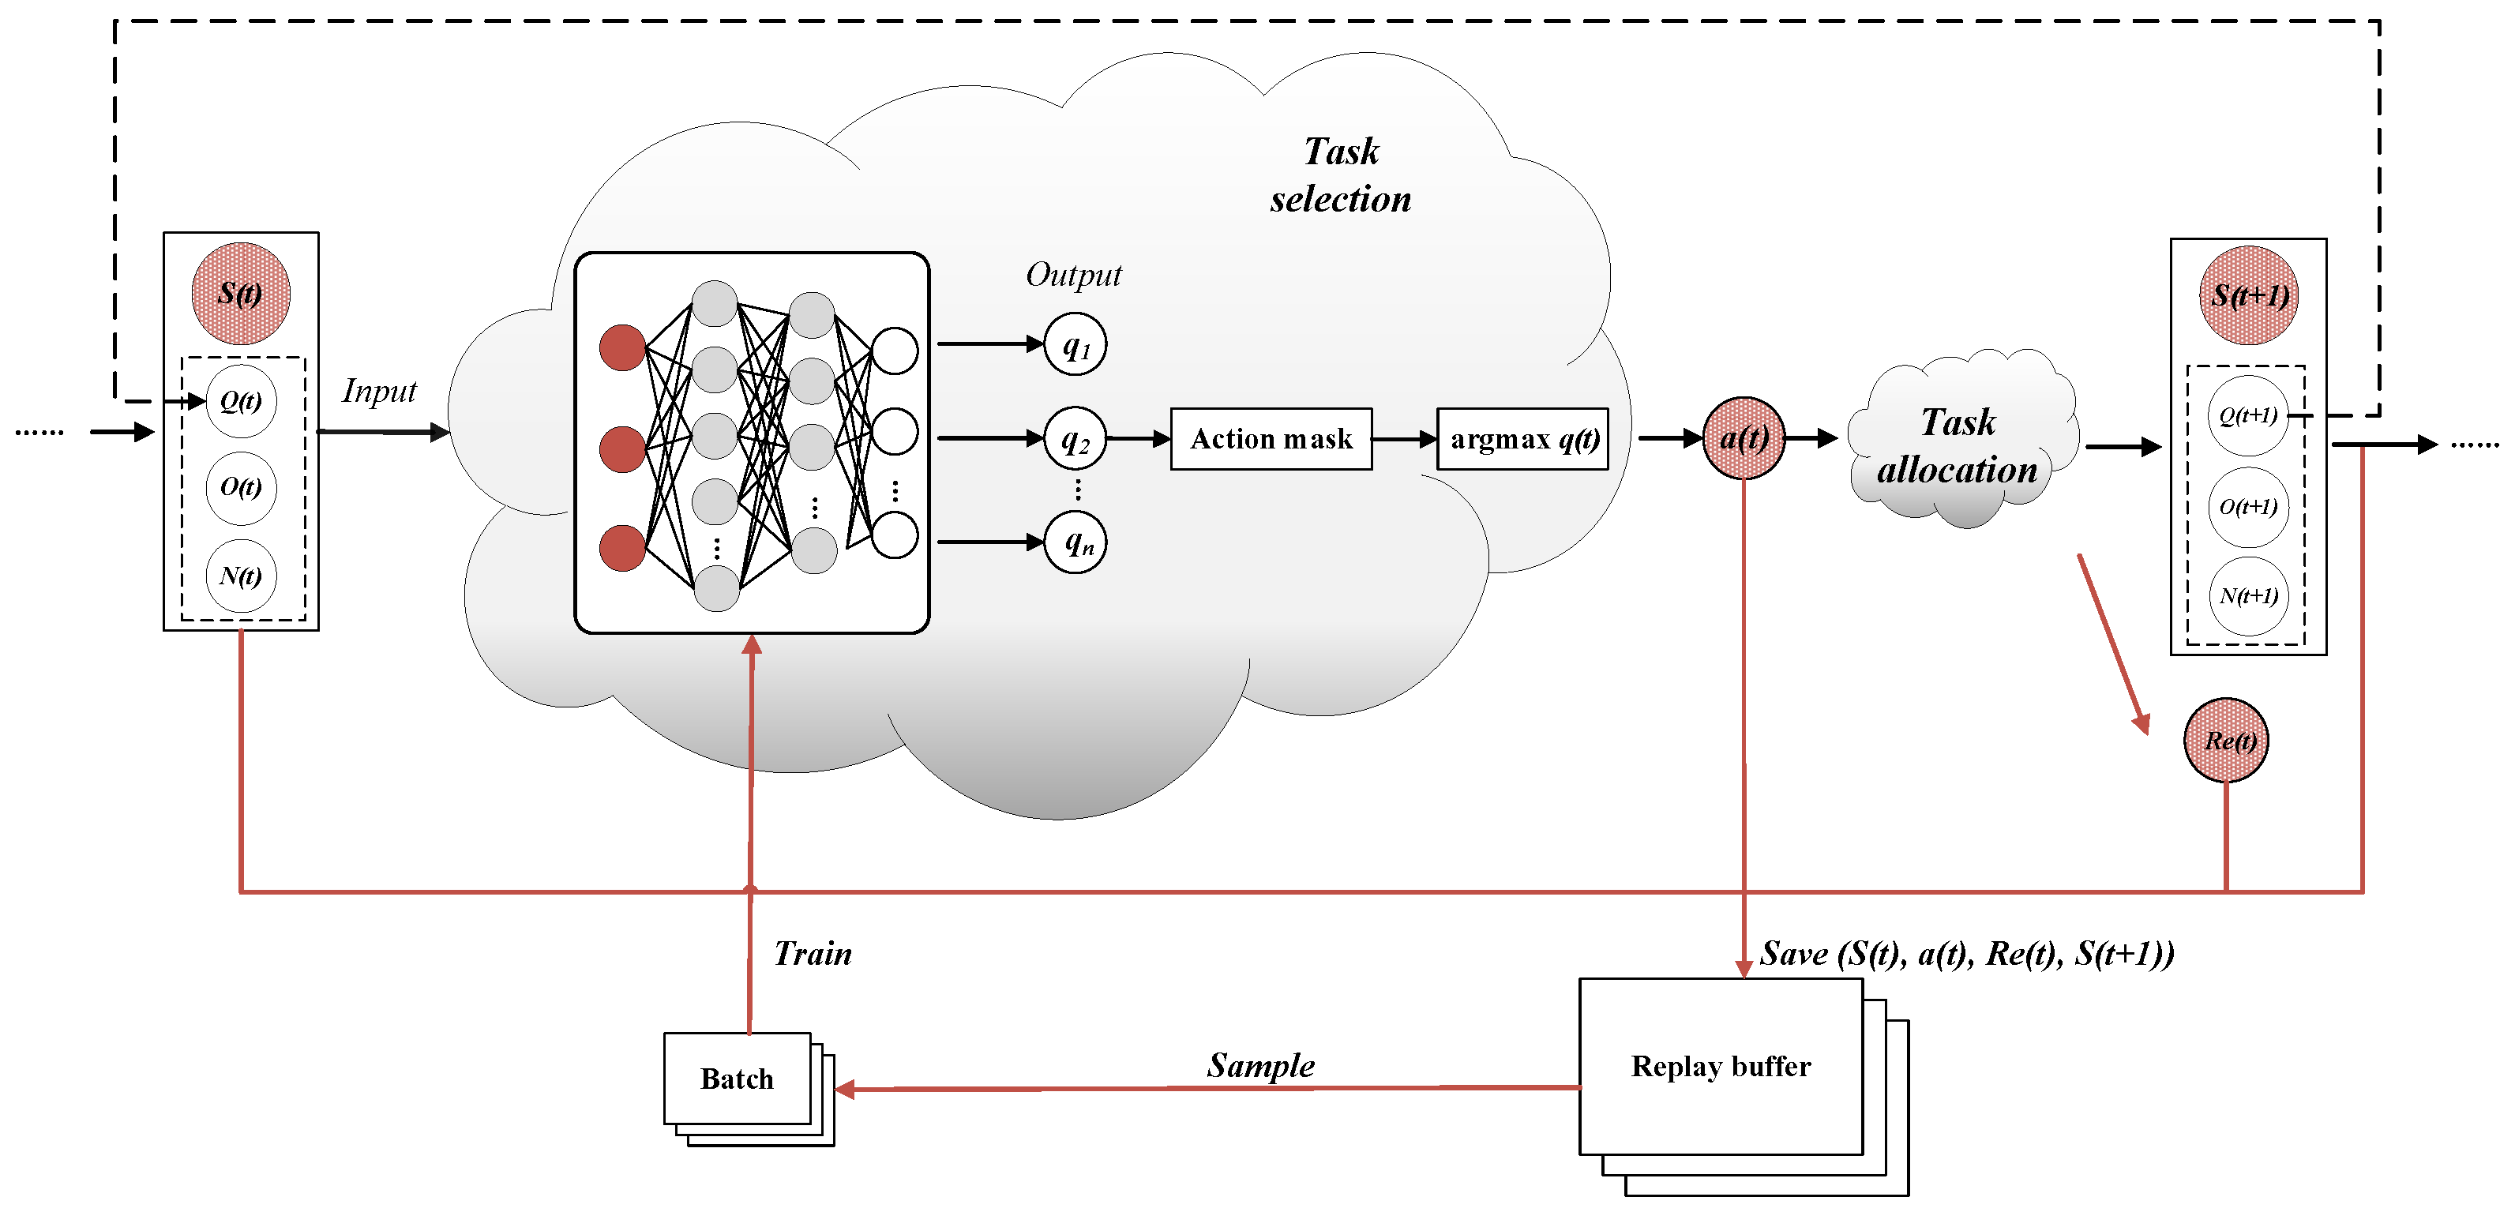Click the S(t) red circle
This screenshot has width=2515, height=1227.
coord(240,293)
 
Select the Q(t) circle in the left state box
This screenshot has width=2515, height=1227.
coord(240,401)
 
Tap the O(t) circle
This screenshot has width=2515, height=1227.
coord(240,487)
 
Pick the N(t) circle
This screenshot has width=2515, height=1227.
coord(240,576)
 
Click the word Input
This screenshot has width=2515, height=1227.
coord(379,392)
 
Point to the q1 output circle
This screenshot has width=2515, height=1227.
coord(1075,344)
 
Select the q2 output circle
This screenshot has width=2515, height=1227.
coord(1075,438)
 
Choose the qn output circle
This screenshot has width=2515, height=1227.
coord(1075,542)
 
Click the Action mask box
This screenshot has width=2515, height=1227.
coord(1271,439)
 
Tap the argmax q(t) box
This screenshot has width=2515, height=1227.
coord(1522,439)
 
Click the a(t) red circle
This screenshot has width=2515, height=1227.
coord(1743,438)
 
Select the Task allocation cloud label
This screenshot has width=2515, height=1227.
coord(1958,446)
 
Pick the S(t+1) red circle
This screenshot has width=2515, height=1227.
coord(2248,295)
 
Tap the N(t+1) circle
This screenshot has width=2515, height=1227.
coord(2247,595)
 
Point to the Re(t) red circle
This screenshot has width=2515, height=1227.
coord(2226,740)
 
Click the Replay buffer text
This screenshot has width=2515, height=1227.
coord(1721,1066)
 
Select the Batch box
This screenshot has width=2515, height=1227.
coord(737,1078)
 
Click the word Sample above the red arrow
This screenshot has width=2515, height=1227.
coord(1260,1065)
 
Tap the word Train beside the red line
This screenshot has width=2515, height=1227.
coord(813,954)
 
